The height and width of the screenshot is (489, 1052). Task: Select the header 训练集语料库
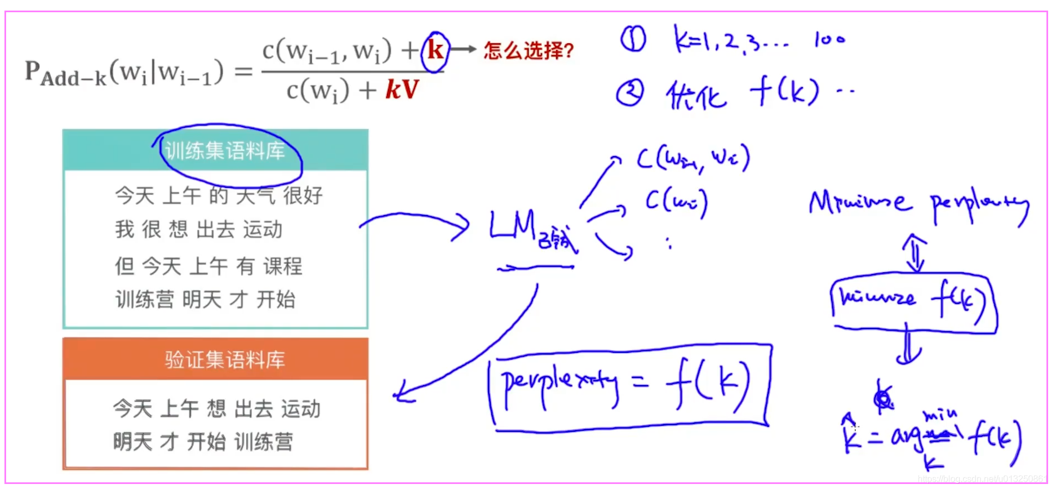coord(225,151)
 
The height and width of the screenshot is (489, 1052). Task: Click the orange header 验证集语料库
coord(224,360)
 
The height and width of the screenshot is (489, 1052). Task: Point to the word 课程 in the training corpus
coord(283,266)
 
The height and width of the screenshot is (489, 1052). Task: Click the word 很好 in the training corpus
coord(303,196)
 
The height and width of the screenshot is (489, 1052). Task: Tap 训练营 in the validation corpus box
coord(264,442)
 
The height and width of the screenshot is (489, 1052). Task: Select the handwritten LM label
coord(514,227)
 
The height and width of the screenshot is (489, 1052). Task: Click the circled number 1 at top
coord(633,40)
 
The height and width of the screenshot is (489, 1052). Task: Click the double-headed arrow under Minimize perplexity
coord(914,253)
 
